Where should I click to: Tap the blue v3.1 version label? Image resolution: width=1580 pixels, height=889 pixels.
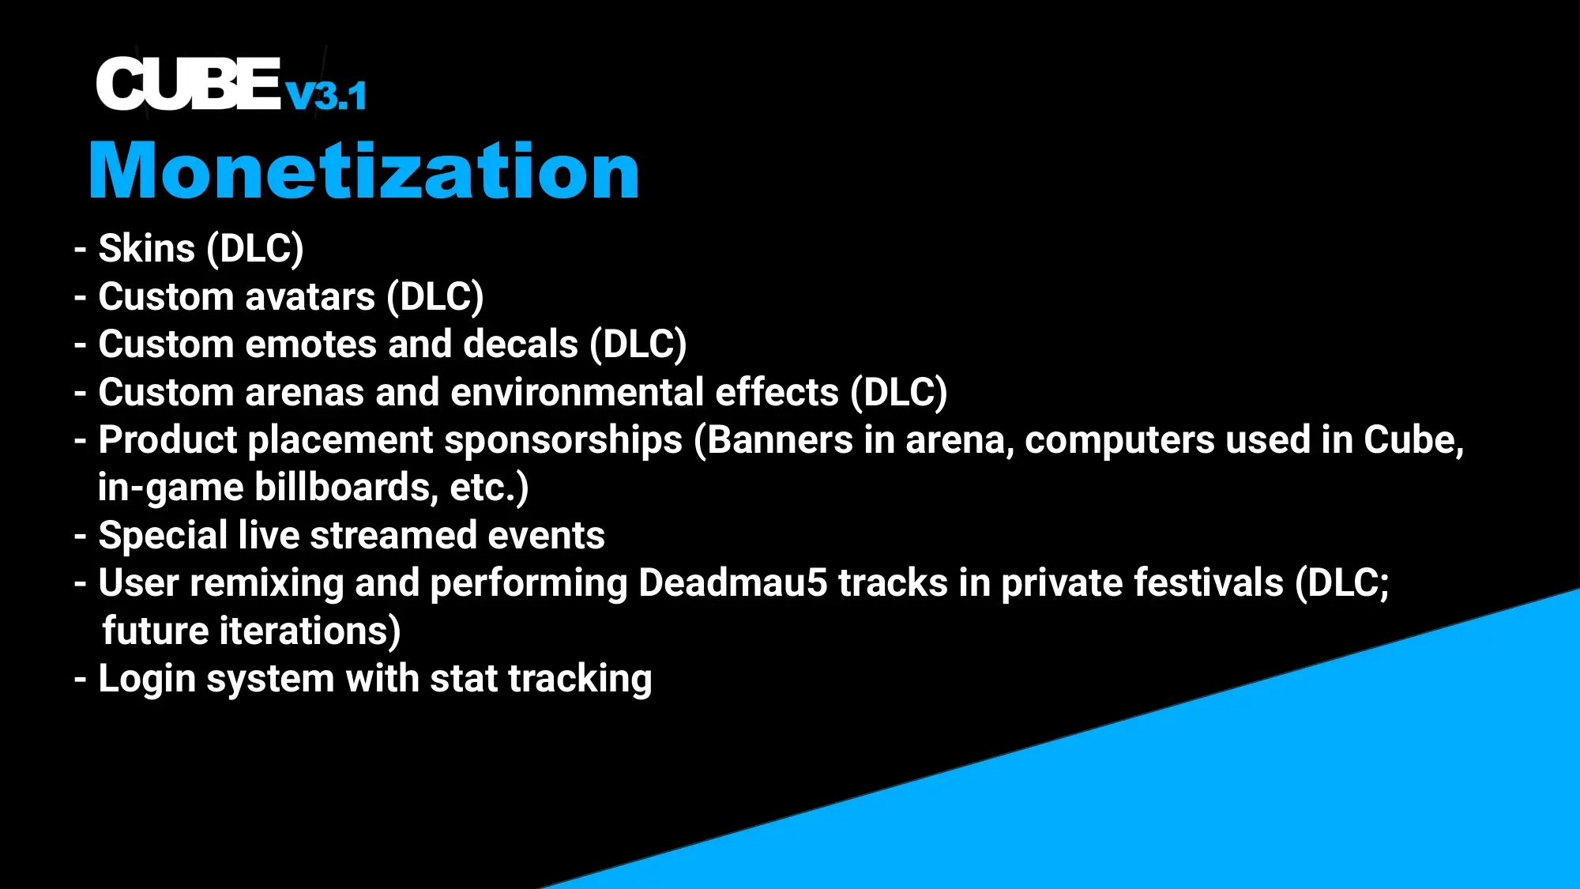tap(325, 96)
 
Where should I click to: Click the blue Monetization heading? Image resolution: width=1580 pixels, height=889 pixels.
tap(363, 171)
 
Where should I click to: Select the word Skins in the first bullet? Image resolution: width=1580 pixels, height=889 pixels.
tap(146, 249)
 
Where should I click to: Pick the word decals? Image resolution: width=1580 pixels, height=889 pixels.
tap(521, 345)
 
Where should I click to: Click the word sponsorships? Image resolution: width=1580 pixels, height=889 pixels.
tap(563, 440)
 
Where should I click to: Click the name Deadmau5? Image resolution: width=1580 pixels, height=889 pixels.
tap(732, 583)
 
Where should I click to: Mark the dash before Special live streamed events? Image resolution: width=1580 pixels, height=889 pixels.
tap(80, 536)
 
